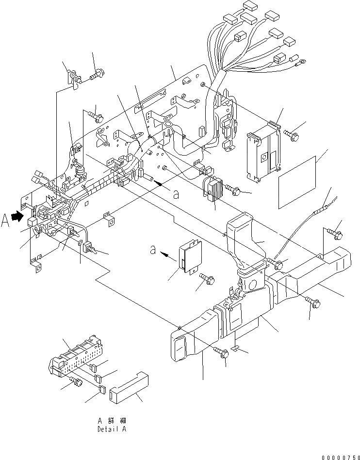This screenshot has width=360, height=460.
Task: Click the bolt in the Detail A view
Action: point(77,382)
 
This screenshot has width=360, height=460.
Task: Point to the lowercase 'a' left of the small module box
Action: point(153,251)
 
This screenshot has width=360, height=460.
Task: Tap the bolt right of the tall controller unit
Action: point(291,131)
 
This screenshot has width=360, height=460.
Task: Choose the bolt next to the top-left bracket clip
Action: point(97,74)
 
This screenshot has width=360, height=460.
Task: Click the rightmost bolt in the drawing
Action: point(337,234)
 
